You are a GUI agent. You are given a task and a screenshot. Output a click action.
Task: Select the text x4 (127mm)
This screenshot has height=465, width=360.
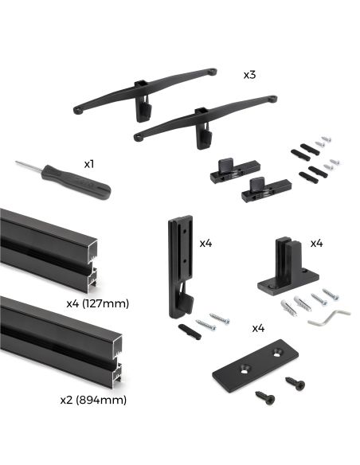pyautogui.click(x=97, y=303)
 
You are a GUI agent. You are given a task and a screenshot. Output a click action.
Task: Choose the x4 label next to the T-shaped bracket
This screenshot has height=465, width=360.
pyautogui.click(x=316, y=242)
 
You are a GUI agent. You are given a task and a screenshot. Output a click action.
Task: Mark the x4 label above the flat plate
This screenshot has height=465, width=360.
pyautogui.click(x=258, y=327)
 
